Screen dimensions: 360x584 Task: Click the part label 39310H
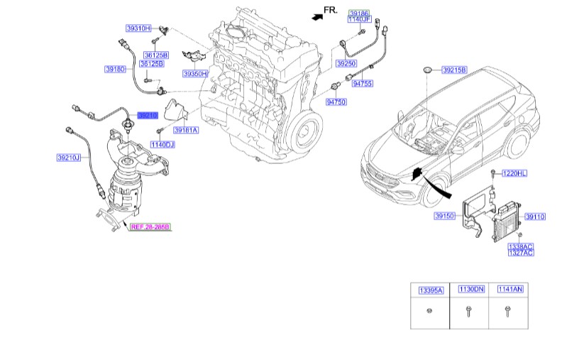[x=139, y=28]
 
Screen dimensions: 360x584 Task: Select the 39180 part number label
[x=115, y=70]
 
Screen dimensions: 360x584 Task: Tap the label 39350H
[x=194, y=74]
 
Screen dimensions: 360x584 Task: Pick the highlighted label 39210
[x=147, y=114]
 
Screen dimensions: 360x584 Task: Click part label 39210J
[x=69, y=158]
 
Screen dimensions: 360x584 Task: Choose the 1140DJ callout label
[x=162, y=145]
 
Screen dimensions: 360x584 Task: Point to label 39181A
[x=186, y=131]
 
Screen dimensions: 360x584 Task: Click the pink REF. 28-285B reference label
[x=150, y=227]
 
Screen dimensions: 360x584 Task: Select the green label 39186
[x=359, y=13]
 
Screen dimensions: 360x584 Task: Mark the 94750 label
[x=336, y=102]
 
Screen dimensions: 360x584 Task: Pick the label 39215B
[x=454, y=70]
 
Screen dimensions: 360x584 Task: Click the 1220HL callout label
[x=515, y=173]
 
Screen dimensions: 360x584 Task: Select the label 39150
[x=445, y=216]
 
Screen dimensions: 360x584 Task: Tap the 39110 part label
[x=535, y=216]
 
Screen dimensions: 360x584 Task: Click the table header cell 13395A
[x=430, y=290]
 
